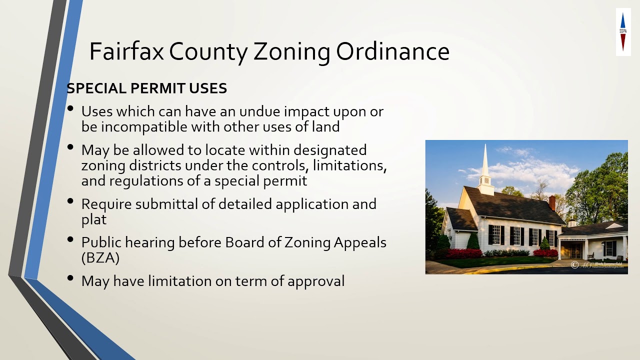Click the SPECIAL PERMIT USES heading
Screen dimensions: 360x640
coord(146,88)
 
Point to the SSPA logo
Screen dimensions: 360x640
coord(623,32)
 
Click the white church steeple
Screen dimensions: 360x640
coord(485,170)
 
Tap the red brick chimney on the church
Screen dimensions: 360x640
coord(552,202)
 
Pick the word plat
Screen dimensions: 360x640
coord(94,219)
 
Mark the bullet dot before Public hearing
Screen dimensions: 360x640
coord(71,239)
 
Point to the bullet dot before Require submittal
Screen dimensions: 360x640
coord(71,201)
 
